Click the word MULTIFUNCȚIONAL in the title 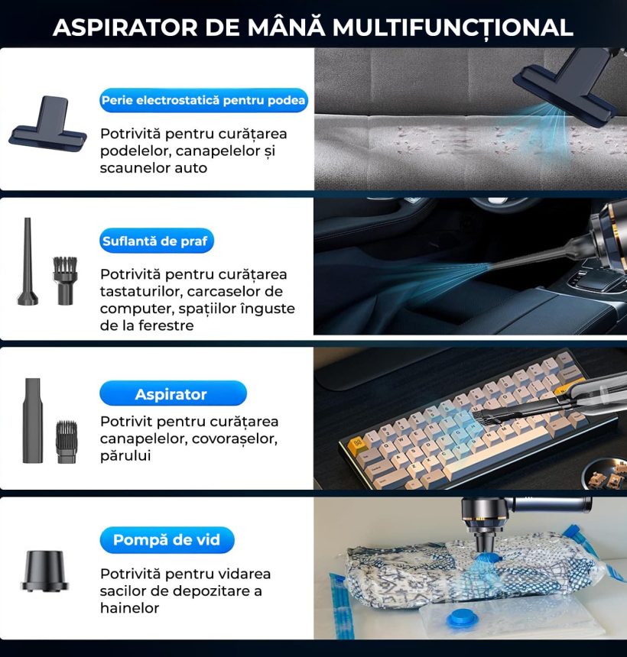click(x=453, y=28)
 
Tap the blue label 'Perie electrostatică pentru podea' click(x=203, y=100)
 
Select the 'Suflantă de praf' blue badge click(x=157, y=241)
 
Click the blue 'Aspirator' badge click(x=173, y=393)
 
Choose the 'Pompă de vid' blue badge click(x=167, y=539)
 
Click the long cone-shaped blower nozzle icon click(x=28, y=261)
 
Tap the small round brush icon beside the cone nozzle click(x=65, y=280)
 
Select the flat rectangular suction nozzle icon click(x=32, y=420)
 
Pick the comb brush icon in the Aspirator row click(x=67, y=442)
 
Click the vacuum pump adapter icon click(x=45, y=571)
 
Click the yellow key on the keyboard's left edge click(x=358, y=442)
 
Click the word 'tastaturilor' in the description click(x=141, y=291)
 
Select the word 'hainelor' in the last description click(x=129, y=607)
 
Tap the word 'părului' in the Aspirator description click(x=125, y=456)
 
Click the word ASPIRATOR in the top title click(x=125, y=28)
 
